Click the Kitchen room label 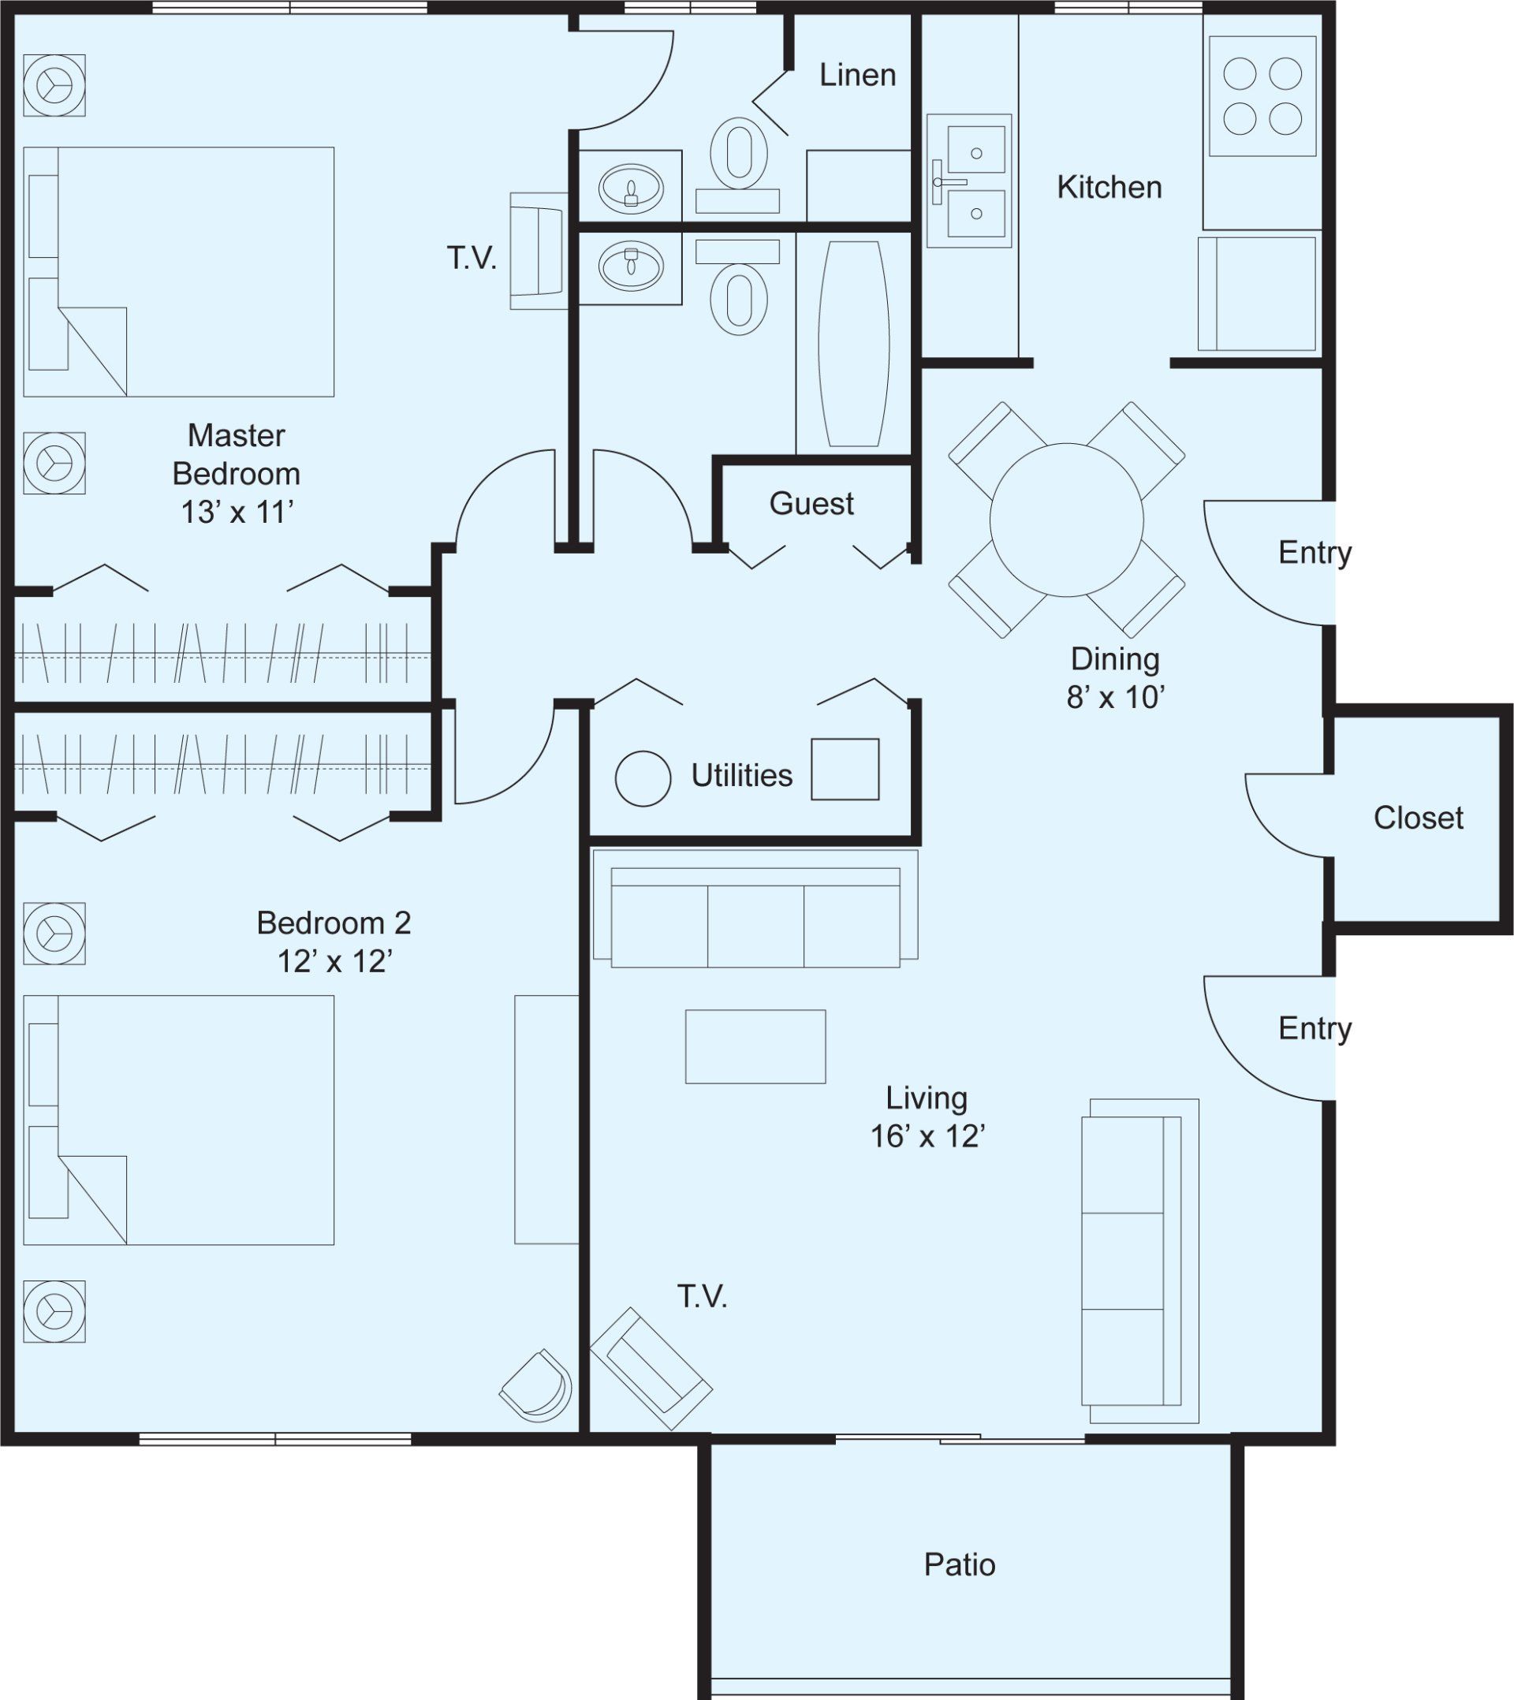click(1109, 187)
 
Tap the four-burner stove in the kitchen click(1262, 95)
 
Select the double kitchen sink click(969, 181)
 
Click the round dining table click(1066, 520)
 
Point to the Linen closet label click(858, 75)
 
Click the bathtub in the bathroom click(854, 344)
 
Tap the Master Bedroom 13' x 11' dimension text click(237, 513)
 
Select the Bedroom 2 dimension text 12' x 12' click(334, 961)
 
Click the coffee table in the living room click(755, 1046)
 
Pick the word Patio click(959, 1564)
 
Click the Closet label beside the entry click(1419, 818)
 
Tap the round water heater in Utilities click(643, 778)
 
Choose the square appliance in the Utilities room click(845, 770)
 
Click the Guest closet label click(812, 503)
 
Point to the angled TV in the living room click(651, 1369)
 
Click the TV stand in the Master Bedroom click(539, 252)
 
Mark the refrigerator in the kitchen click(1257, 293)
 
